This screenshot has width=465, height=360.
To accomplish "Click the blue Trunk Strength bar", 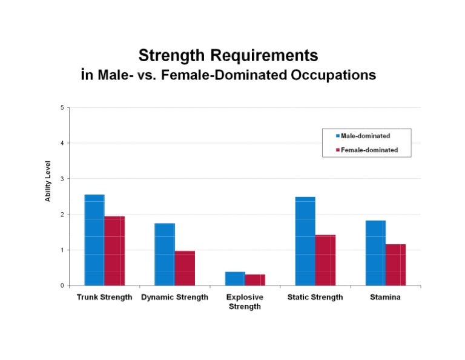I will (94, 240).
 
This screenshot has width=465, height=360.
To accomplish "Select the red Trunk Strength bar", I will (114, 251).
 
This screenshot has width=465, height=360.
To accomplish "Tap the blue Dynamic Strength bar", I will (165, 255).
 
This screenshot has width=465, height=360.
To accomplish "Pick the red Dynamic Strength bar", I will (185, 268).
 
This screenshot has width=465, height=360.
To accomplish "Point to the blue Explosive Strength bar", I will (235, 279).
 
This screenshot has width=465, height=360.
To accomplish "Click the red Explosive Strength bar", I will (255, 280).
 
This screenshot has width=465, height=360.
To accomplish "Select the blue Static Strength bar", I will (305, 241).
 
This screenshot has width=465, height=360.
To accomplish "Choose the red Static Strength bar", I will (325, 260).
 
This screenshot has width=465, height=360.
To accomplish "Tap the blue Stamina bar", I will (375, 253).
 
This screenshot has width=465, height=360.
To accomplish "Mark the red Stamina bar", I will (395, 265).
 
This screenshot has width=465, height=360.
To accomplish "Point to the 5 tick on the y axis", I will (61, 108).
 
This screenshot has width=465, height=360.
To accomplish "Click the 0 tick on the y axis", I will (61, 285).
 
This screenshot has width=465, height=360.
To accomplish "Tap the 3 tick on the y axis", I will (61, 179).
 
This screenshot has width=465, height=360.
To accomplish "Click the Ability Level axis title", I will (48, 181).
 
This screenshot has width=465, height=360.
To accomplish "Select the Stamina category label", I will (385, 298).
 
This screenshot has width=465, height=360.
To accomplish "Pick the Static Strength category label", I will (315, 298).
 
